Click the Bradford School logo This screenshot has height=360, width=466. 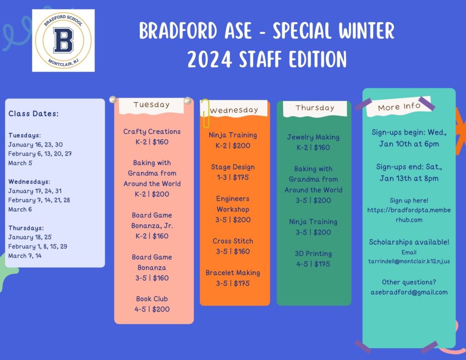[63, 41]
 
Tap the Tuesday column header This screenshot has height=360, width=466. [152, 105]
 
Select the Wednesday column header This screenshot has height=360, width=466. [234, 110]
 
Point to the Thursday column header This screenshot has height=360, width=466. [315, 107]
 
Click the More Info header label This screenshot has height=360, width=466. [399, 106]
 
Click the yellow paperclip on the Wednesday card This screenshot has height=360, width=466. [205, 113]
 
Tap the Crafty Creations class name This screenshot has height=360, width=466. [152, 132]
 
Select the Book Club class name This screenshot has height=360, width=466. [152, 299]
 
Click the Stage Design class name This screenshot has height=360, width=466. [233, 167]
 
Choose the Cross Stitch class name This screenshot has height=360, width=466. [233, 241]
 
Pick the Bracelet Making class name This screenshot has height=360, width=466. [233, 273]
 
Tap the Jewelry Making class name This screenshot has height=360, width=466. [313, 137]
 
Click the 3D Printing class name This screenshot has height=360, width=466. [313, 254]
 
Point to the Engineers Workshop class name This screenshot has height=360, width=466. [233, 204]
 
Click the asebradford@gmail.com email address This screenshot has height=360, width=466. [409, 292]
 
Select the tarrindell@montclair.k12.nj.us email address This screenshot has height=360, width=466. [409, 261]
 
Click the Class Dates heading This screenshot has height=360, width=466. [34, 114]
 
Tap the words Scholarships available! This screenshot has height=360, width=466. [409, 242]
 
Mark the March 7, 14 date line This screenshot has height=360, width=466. [25, 256]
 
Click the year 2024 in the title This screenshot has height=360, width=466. [209, 60]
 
